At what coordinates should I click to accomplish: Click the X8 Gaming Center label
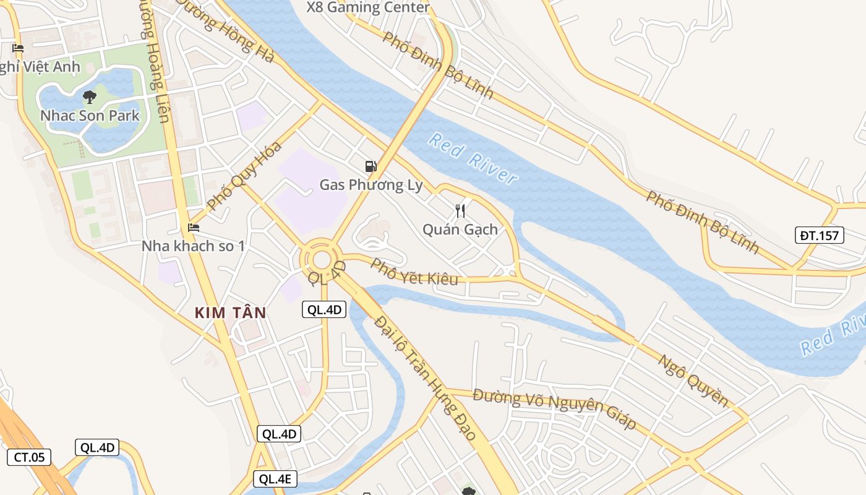pyautogui.click(x=368, y=7)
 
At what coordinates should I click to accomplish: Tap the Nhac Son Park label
pyautogui.click(x=90, y=116)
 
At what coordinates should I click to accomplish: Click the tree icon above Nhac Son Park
pyautogui.click(x=90, y=97)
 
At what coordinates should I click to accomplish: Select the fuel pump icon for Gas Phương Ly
pyautogui.click(x=371, y=165)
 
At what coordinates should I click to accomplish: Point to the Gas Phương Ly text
pyautogui.click(x=371, y=184)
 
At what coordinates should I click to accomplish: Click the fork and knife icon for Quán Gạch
pyautogui.click(x=460, y=211)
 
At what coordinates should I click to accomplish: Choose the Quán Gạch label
pyautogui.click(x=460, y=230)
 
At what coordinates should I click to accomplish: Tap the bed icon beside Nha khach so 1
pyautogui.click(x=194, y=227)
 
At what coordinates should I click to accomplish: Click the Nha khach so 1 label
pyautogui.click(x=193, y=246)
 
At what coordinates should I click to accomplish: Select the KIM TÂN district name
pyautogui.click(x=230, y=312)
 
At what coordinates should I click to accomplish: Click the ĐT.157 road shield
pyautogui.click(x=819, y=235)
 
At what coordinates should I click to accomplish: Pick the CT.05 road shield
pyautogui.click(x=29, y=457)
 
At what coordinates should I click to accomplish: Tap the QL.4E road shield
pyautogui.click(x=275, y=478)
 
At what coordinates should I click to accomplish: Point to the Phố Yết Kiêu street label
pyautogui.click(x=414, y=272)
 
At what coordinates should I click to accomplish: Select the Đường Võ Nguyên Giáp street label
pyautogui.click(x=554, y=408)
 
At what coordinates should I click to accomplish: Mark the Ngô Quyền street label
pyautogui.click(x=693, y=381)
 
